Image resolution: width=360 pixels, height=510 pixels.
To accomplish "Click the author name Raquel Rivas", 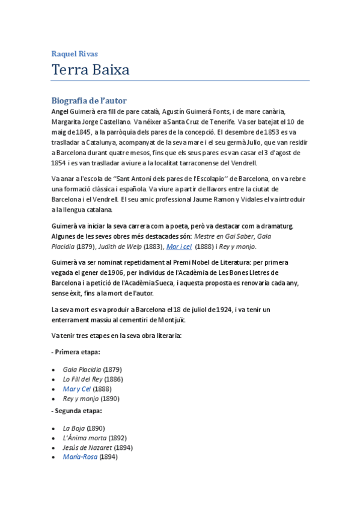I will (75, 54).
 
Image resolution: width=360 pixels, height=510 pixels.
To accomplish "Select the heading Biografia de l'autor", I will (89, 100).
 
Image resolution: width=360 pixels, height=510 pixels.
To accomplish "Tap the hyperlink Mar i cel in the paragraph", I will (179, 247).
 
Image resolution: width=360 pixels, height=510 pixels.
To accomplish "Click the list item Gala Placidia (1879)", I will (93, 369).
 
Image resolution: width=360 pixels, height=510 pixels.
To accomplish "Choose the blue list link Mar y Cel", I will (77, 389).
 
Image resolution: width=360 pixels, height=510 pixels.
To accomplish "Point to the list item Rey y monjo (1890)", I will (91, 398).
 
